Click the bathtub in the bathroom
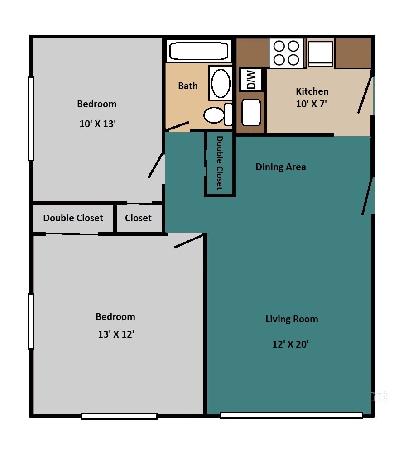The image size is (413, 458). (198, 51)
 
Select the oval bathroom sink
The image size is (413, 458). (221, 83)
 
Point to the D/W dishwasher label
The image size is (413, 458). (250, 79)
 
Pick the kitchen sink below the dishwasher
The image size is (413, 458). (251, 112)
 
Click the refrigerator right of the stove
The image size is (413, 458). (321, 52)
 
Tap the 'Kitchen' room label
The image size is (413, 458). (312, 91)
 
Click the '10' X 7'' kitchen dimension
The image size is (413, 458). (312, 104)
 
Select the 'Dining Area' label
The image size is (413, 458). (281, 167)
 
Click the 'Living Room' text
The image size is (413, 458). (292, 319)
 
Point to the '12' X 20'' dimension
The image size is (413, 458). (291, 344)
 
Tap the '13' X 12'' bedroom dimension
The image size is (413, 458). (116, 334)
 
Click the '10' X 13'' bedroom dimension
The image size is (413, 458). (98, 124)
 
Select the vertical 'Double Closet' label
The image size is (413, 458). (220, 163)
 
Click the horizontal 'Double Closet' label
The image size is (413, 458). (73, 218)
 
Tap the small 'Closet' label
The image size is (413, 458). (138, 218)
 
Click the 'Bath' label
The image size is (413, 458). (187, 86)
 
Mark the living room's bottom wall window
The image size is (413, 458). (291, 415)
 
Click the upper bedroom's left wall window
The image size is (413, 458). (31, 119)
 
